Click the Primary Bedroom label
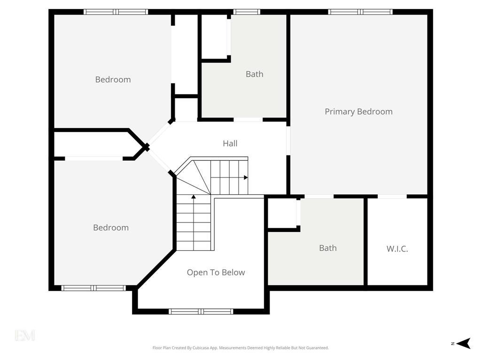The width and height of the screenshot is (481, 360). coord(358,112)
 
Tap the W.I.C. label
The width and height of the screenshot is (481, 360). coord(397,249)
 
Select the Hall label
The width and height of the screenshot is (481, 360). coord(230,144)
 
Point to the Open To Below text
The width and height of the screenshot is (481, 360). coord(216,273)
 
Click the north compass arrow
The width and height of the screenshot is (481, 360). coord(464,344)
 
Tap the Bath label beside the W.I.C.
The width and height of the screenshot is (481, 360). coord(328,248)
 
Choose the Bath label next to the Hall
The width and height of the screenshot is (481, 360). coord(255,74)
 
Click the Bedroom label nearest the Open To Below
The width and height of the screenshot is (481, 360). coord(111,228)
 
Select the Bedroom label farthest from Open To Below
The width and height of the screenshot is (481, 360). coord(113,80)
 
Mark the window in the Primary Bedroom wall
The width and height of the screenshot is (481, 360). coord(360,12)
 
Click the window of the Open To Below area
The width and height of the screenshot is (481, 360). coord(201,312)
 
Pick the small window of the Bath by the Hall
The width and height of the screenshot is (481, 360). coord(247,12)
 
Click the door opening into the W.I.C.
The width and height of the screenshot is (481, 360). coord(392,196)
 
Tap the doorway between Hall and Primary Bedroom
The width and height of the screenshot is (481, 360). coord(288,140)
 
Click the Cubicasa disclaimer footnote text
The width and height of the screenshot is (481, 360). coord(240,348)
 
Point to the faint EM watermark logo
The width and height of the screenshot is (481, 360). coord(25,336)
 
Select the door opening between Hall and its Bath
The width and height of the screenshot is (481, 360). coord(248,120)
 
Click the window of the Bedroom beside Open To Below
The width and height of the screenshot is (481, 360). coord(93,288)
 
